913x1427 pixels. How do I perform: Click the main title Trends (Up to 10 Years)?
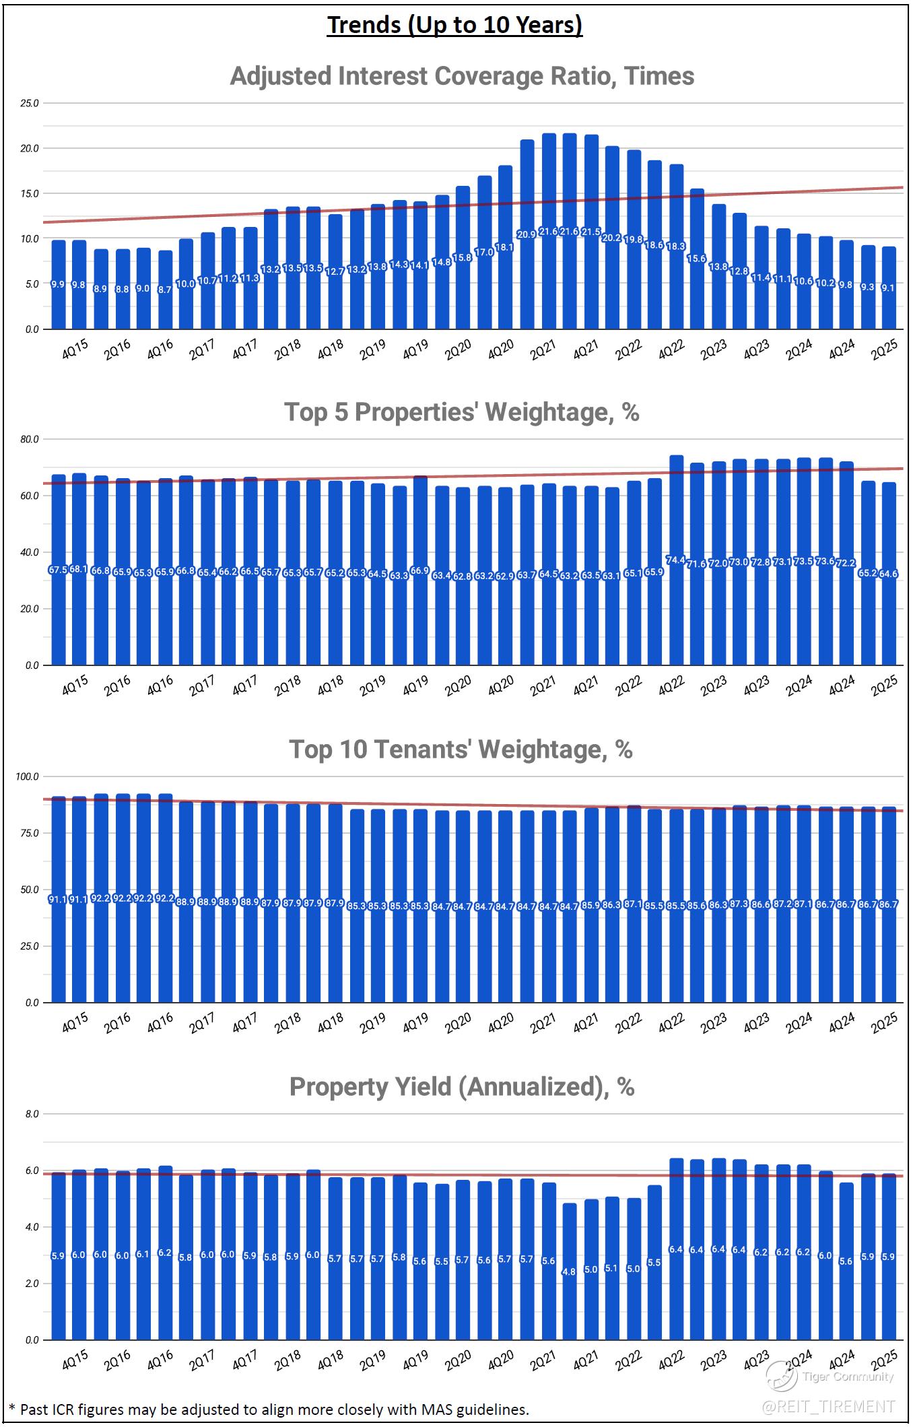click(x=454, y=25)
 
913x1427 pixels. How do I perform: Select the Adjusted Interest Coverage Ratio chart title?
click(x=462, y=75)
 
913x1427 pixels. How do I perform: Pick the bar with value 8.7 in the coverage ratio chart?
click(x=165, y=296)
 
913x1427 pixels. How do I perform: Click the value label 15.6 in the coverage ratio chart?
click(x=697, y=259)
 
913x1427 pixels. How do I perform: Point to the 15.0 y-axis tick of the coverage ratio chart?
click(x=30, y=193)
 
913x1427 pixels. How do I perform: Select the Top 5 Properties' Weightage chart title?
click(x=462, y=411)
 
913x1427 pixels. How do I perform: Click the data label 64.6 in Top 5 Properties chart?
click(x=889, y=574)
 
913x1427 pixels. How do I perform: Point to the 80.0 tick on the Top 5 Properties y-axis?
click(x=30, y=439)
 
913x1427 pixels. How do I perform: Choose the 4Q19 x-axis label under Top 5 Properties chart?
click(x=415, y=685)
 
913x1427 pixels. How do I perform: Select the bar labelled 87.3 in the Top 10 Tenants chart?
click(x=739, y=902)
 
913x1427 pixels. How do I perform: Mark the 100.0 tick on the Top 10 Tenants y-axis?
click(x=28, y=776)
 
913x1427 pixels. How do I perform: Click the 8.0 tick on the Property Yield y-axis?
click(x=32, y=1115)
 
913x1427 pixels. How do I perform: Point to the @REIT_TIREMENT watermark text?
click(x=829, y=1406)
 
